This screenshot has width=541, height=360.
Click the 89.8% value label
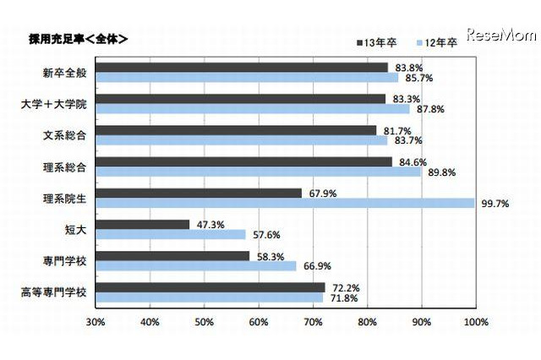point(437,172)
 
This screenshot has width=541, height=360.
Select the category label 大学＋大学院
point(64,105)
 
